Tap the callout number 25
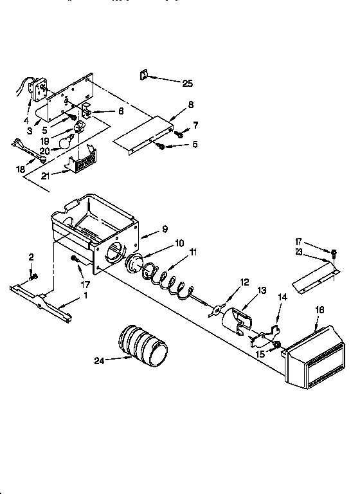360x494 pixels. point(187,84)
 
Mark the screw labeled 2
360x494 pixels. point(34,277)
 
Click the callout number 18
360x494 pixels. point(21,169)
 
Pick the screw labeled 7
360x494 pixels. point(181,135)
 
